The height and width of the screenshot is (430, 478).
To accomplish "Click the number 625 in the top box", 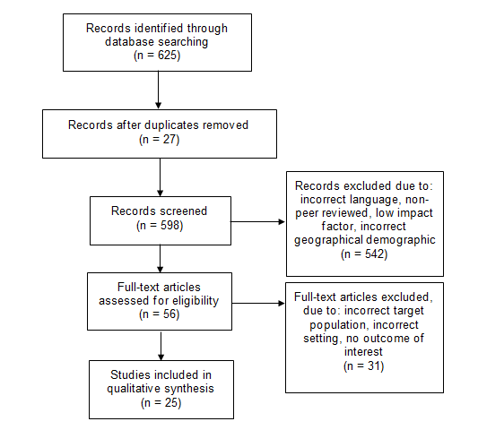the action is [167, 56].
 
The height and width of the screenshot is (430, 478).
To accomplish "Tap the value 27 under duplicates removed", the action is [169, 139].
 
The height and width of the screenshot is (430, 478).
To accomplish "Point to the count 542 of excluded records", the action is [374, 254].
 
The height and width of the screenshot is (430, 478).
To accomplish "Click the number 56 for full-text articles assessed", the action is [169, 314].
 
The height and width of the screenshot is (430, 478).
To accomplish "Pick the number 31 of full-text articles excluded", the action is [374, 365].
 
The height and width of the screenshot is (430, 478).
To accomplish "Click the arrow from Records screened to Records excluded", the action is [257, 221].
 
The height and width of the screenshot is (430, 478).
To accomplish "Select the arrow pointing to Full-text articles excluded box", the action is [258, 303].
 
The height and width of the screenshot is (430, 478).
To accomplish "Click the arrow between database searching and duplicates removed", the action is [158, 90].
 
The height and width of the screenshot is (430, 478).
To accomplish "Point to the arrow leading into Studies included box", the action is [161, 346].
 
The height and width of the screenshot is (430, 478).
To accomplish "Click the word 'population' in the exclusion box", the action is [336, 325].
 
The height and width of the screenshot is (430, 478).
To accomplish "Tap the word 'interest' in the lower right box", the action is [363, 352].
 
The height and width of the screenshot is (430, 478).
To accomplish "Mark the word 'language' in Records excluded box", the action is [374, 200].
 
